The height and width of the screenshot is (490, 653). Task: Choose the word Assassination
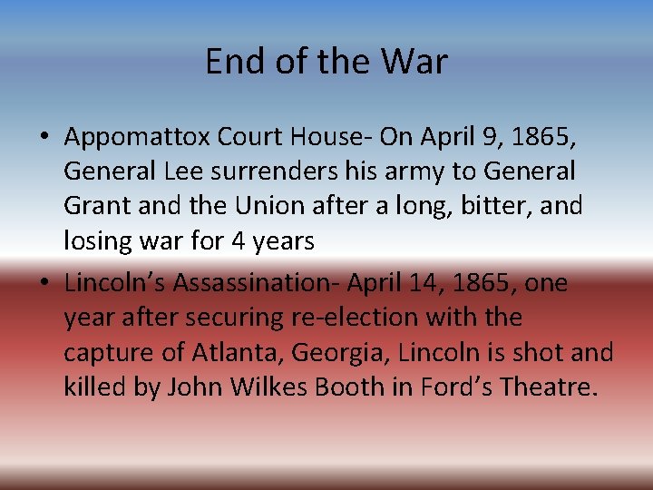[249, 284]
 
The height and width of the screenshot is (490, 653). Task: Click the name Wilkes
[269, 387]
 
